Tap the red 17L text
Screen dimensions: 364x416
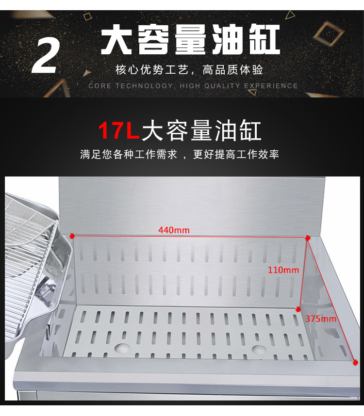point(119,130)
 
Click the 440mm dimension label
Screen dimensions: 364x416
point(174,230)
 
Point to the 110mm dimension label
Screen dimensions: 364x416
point(283,270)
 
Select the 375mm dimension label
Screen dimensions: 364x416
point(321,319)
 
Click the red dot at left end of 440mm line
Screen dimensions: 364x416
point(72,236)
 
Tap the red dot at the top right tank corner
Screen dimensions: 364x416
point(308,238)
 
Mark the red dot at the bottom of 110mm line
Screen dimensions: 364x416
point(298,309)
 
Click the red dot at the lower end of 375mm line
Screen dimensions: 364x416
point(355,362)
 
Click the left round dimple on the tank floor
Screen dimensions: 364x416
point(122,348)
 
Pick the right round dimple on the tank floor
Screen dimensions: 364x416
point(259,350)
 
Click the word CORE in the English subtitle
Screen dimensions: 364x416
point(99,86)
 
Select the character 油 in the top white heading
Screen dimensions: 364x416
point(227,39)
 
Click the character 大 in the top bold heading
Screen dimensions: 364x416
point(116,39)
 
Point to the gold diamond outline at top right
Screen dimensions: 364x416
point(328,33)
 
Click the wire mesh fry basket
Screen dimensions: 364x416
point(32,236)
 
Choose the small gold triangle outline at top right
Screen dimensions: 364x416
point(290,15)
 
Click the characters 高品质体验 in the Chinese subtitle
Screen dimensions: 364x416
point(232,70)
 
